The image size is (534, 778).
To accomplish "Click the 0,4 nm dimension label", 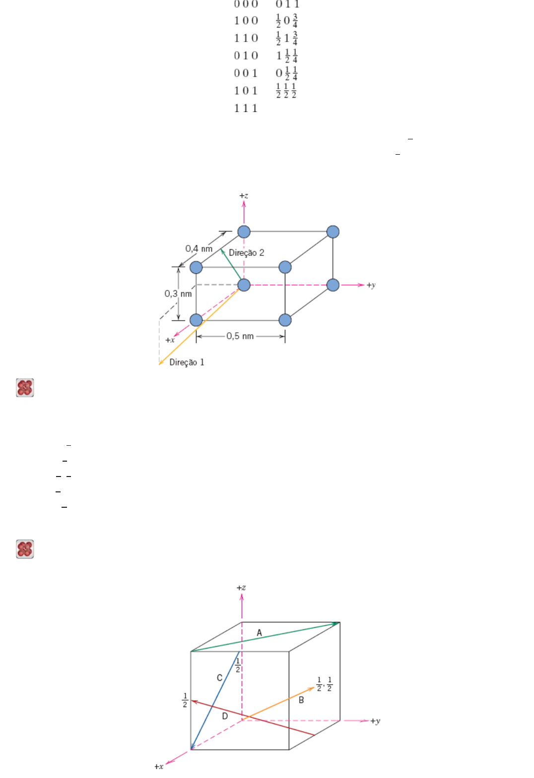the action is click(199, 248).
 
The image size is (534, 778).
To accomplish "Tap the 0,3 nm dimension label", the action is click(178, 294).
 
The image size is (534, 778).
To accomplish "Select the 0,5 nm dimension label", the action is click(240, 336).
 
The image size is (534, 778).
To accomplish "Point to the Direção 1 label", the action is click(187, 362).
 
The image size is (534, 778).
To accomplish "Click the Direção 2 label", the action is click(247, 253).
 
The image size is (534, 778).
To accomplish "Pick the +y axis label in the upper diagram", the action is click(371, 285).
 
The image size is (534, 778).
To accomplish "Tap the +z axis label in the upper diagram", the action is click(244, 196).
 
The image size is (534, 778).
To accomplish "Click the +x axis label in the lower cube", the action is click(159, 767).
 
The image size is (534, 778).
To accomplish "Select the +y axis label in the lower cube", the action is click(375, 721).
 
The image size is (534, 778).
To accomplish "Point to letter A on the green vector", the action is click(259, 633).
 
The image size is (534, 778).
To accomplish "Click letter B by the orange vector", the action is click(301, 700).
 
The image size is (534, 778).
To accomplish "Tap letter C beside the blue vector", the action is click(219, 678).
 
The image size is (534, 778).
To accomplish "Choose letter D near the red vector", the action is click(225, 716).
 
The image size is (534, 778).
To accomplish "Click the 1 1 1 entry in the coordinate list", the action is click(246, 108).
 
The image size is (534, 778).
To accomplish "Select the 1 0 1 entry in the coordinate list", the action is click(246, 91).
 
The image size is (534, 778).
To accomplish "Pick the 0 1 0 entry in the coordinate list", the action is click(246, 56).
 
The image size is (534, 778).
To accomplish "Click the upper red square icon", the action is click(25, 388).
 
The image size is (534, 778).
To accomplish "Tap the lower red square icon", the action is click(25, 549).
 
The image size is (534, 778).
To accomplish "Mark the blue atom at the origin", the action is click(244, 285).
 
